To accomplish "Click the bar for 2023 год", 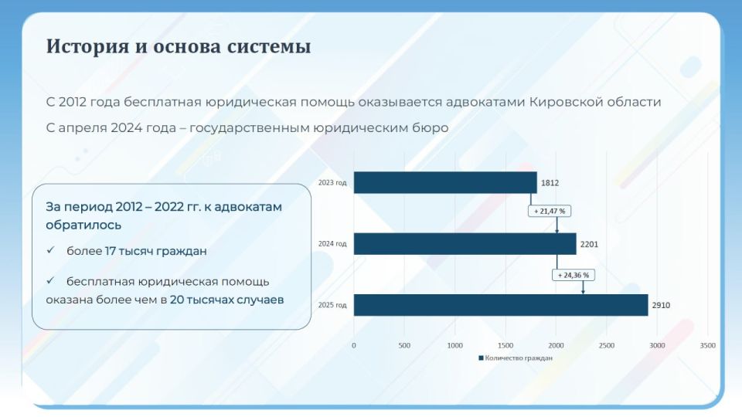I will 444,183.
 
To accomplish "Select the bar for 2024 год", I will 465,244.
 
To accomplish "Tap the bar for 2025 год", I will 500,305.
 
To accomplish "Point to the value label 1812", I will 550,183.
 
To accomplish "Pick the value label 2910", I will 661,305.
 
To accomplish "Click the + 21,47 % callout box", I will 551,211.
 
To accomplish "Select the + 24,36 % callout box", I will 574,275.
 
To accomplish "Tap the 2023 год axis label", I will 332,183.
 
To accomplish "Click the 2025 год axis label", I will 332,305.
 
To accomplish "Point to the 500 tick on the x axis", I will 404,345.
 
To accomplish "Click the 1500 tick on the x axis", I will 505,345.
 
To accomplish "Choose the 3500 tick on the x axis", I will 707,345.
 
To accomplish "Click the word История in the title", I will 82,46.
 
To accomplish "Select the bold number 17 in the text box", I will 111,251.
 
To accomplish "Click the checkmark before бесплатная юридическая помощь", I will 50,281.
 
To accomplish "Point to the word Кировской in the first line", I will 563,102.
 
